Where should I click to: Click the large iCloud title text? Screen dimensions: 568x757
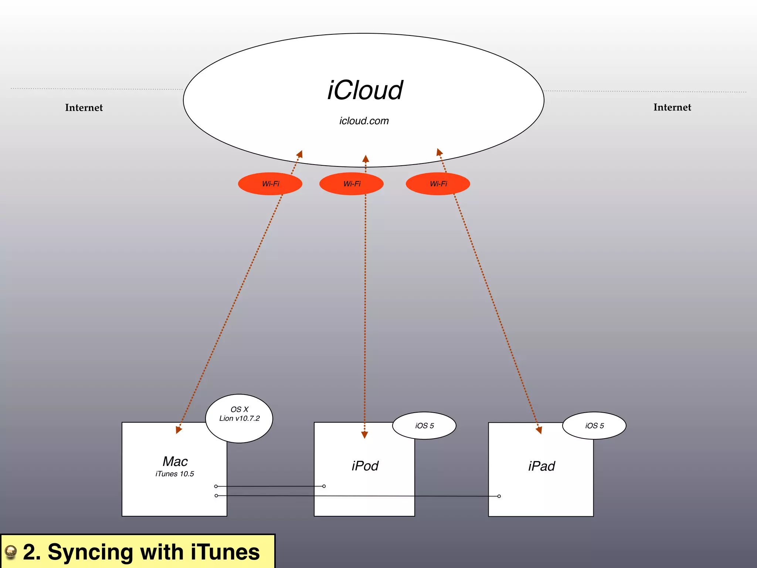click(x=365, y=91)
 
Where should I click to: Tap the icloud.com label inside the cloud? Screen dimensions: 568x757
click(x=364, y=121)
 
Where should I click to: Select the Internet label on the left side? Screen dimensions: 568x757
click(x=84, y=108)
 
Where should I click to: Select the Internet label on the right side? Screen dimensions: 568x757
click(x=672, y=107)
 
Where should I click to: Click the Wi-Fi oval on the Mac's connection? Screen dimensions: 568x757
click(x=270, y=184)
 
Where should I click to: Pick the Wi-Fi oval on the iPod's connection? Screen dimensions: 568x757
click(x=352, y=184)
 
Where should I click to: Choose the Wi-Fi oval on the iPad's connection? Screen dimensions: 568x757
click(x=438, y=184)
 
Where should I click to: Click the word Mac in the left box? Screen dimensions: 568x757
click(x=175, y=461)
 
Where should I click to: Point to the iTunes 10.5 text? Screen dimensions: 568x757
click(x=174, y=474)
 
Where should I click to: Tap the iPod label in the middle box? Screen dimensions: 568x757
click(x=365, y=466)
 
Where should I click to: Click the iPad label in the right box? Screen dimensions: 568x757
click(x=542, y=466)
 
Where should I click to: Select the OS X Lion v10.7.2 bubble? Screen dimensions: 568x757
click(x=239, y=418)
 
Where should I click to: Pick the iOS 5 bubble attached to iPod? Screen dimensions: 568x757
click(x=424, y=426)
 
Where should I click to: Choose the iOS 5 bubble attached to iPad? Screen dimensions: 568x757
click(x=594, y=426)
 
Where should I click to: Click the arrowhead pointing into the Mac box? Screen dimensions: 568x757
click(x=179, y=430)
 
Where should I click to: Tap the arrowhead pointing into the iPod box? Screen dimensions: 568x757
click(x=364, y=435)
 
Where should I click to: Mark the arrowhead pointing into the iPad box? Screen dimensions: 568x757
click(x=539, y=430)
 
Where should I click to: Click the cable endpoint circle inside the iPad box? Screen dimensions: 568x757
click(x=499, y=496)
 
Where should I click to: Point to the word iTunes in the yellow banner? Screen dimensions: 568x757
click(x=225, y=552)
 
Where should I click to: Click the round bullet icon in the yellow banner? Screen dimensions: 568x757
click(x=11, y=552)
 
